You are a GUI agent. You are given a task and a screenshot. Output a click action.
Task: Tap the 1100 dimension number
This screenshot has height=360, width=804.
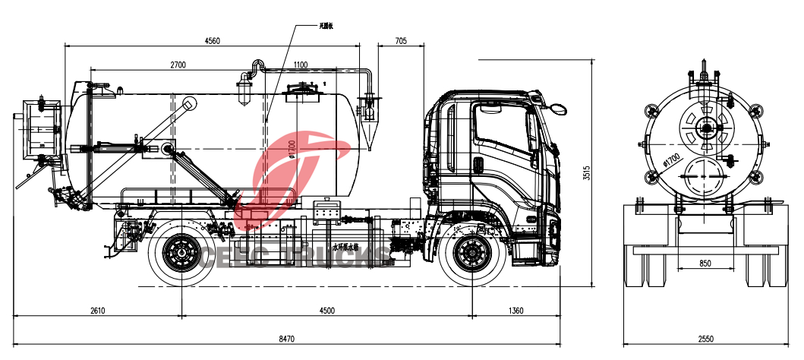(300, 65)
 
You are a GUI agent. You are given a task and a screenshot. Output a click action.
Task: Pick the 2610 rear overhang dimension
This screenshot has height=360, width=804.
(98, 310)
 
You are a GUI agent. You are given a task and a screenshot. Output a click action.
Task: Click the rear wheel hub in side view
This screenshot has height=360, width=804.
(181, 253)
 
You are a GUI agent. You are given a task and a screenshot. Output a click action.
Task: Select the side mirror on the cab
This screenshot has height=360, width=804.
(558, 108)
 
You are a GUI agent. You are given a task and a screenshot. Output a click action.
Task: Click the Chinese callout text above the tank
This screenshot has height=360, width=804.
(327, 27)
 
